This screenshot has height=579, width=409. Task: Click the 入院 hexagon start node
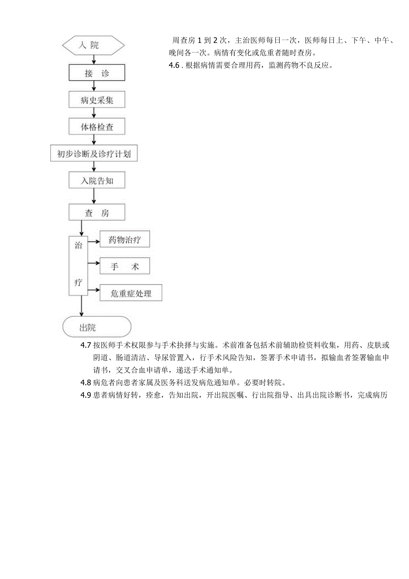pos(94,45)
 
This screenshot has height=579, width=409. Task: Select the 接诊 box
pos(96,73)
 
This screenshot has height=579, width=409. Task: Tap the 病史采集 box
pos(96,100)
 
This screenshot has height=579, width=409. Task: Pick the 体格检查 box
pos(96,127)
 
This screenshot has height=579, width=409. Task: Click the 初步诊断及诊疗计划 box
pos(94,154)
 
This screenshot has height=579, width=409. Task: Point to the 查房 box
pos(96,213)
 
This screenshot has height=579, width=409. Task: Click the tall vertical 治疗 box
pos(78,265)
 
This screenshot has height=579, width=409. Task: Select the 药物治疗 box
pos(124,239)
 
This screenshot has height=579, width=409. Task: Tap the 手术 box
pos(124,266)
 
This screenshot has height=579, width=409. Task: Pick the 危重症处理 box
pos(131,293)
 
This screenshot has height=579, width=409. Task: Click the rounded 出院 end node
pos(97,328)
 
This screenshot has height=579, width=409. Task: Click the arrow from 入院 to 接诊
pos(94,59)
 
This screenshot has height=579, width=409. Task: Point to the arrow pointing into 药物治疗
pos(94,242)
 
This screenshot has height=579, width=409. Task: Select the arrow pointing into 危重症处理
pos(94,291)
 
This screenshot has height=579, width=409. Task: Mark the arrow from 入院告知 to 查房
pos(94,196)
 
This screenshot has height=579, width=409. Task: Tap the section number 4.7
pos(85,346)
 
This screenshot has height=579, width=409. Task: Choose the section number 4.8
pos(85,382)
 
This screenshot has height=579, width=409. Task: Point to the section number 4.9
pos(85,395)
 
